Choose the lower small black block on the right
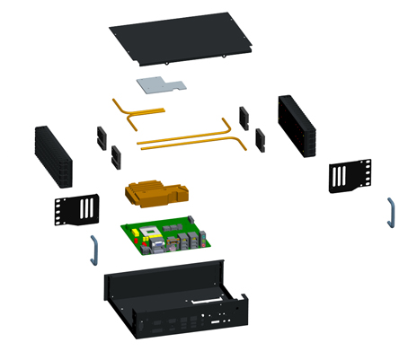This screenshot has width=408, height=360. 260,138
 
